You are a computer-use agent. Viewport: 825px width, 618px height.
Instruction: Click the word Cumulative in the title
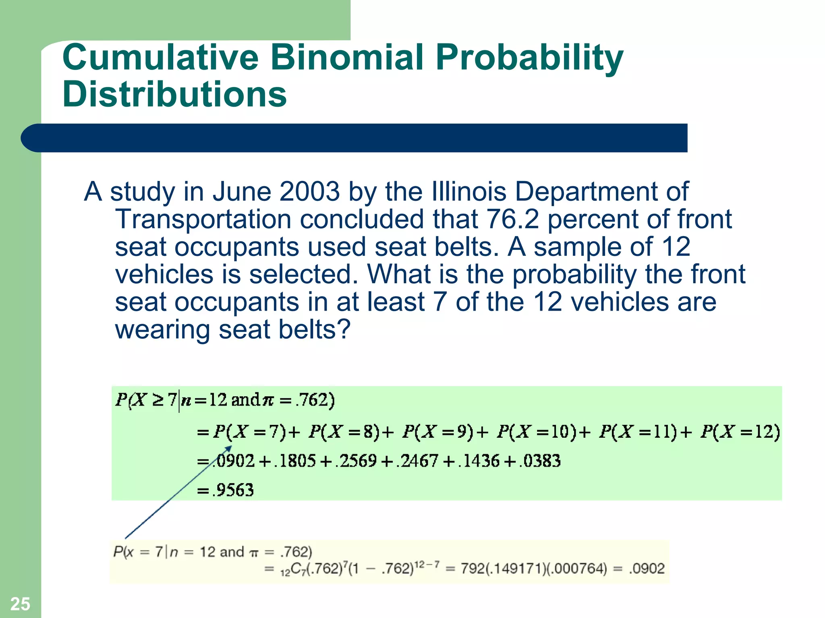click(x=160, y=57)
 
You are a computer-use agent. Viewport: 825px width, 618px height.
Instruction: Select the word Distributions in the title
click(x=174, y=94)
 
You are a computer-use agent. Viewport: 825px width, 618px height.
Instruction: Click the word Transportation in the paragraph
click(x=203, y=219)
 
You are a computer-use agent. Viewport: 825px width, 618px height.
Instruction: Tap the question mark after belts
click(x=343, y=330)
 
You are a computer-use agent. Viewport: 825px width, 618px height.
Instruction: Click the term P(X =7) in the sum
click(x=249, y=432)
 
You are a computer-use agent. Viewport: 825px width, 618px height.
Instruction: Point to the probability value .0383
click(x=540, y=461)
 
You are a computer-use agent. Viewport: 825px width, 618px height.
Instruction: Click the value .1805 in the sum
click(x=294, y=461)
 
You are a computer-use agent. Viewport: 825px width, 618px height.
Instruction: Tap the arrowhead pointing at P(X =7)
click(x=229, y=448)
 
